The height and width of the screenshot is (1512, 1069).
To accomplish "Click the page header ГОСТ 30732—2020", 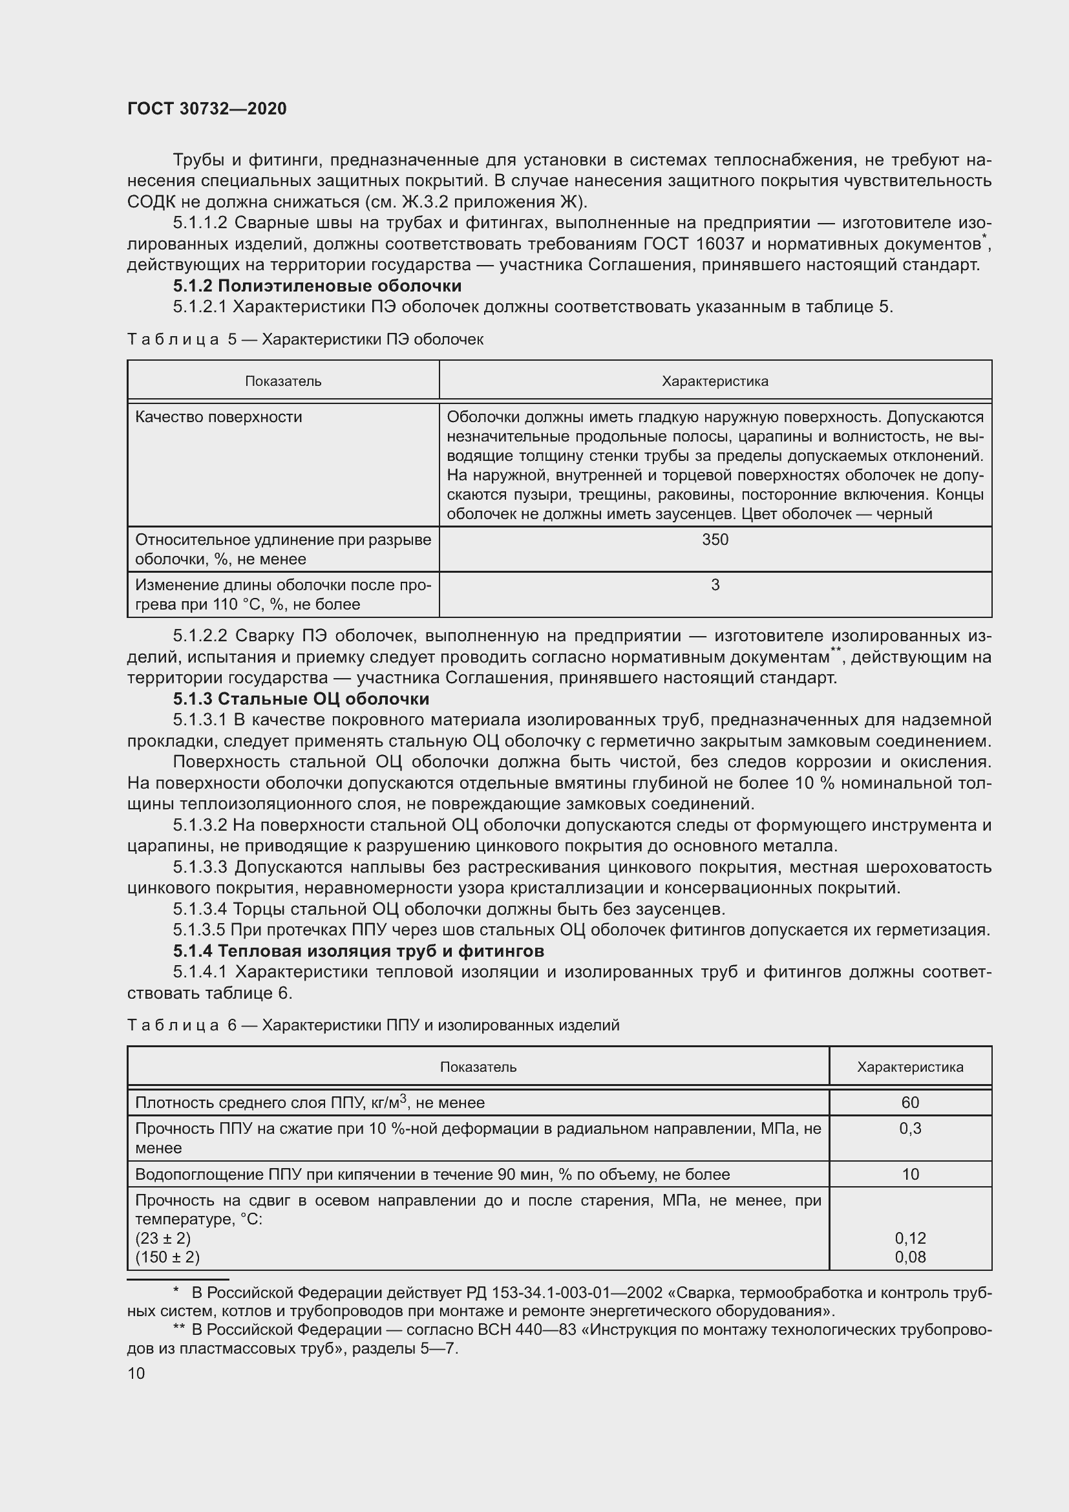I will tap(207, 109).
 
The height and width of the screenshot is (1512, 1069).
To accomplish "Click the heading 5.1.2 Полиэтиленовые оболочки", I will tap(317, 286).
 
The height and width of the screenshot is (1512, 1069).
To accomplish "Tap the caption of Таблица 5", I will tap(305, 339).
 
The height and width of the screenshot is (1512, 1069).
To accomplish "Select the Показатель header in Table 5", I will tap(283, 381).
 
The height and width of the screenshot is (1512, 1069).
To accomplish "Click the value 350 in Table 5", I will tap(715, 540).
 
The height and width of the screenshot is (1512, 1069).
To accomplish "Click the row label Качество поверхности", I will tap(218, 417).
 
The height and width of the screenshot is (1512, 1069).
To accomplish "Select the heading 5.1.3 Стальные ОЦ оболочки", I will tap(301, 699).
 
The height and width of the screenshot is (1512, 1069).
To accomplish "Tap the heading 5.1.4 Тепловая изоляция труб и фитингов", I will tap(358, 951).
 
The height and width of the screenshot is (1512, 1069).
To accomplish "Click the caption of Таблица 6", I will tap(372, 1025).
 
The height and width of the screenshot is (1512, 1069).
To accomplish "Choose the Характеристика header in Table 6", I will tap(910, 1067).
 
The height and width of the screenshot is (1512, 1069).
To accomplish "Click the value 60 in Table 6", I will tap(910, 1103).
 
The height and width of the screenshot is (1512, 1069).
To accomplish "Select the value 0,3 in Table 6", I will tap(910, 1129).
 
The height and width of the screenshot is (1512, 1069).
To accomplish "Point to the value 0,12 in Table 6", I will tap(910, 1239).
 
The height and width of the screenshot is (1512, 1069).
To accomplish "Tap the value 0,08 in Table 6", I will tap(910, 1257).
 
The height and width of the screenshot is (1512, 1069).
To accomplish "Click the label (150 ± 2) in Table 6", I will tap(167, 1257).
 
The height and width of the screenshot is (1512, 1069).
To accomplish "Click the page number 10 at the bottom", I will tap(136, 1373).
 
